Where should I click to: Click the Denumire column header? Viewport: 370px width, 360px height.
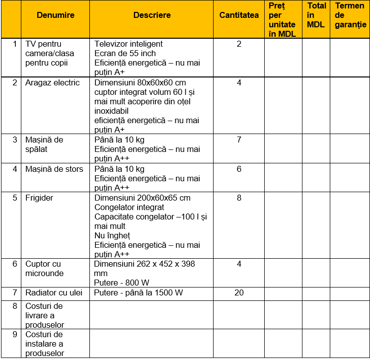point(55,15)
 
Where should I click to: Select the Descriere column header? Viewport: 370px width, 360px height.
point(152,15)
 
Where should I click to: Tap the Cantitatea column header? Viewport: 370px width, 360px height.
point(239,15)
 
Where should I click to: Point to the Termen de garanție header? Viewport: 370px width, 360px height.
point(350,15)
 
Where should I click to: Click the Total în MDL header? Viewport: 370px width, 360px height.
point(316,15)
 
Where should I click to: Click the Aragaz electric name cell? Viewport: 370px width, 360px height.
point(52,82)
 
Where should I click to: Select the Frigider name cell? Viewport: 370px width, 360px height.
point(39,198)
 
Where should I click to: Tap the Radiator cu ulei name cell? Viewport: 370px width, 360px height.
point(54,292)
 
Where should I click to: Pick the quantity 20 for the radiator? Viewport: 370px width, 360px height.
point(239,292)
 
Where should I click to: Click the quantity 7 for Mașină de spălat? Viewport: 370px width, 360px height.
point(239,140)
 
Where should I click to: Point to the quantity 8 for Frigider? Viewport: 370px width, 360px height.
point(239,198)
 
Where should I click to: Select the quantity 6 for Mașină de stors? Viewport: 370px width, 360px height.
point(239,169)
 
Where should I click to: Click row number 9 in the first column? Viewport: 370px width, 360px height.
point(15,334)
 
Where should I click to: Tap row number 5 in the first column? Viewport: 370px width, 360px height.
point(15,198)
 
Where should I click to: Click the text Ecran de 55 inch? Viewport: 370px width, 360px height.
point(125,53)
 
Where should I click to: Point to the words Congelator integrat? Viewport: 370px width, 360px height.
point(129,207)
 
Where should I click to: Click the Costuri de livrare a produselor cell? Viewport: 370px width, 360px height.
point(44,315)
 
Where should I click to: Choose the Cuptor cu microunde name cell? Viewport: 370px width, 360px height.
point(44,269)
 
